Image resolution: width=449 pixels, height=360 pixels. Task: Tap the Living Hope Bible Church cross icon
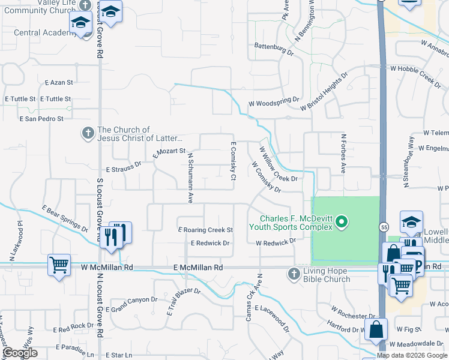tap(294, 274)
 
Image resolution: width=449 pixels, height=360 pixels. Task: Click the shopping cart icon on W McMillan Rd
tap(59, 264)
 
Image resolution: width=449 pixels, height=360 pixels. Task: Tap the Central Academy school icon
tap(80, 23)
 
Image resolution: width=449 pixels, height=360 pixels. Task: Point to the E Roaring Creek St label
tap(205, 230)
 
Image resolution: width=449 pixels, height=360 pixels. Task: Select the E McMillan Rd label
tap(198, 267)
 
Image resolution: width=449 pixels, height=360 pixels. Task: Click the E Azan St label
tap(58, 82)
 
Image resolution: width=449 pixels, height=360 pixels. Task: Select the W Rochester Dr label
tap(353, 316)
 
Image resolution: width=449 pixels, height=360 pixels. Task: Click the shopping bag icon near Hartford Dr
tap(376, 329)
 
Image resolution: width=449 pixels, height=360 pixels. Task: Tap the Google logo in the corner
tap(19, 352)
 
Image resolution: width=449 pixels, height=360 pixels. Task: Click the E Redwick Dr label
tap(210, 243)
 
